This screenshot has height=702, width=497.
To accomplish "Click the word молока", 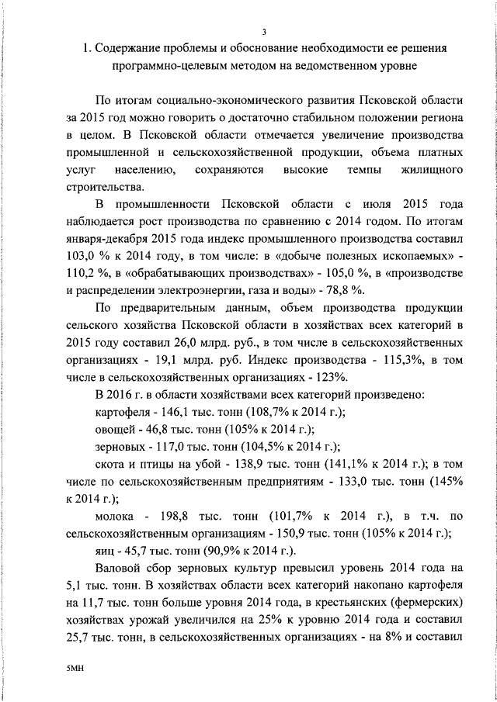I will (x=116, y=514).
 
